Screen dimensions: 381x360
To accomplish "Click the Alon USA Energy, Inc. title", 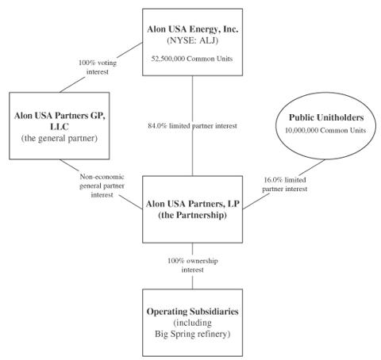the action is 192,29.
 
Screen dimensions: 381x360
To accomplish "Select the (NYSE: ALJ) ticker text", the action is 192,40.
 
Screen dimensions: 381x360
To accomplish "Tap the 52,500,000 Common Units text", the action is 192,59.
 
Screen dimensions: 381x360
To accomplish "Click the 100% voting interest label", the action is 98,67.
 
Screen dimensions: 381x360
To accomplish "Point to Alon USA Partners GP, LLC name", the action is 60,121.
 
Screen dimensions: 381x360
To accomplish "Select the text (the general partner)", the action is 60,138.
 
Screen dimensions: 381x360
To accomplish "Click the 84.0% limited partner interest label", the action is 192,126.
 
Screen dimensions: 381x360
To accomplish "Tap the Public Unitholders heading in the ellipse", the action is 326,117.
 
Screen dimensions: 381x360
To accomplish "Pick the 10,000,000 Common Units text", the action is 325,130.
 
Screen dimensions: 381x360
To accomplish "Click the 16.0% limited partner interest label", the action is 285,185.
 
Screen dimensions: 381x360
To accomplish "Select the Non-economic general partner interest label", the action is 102,186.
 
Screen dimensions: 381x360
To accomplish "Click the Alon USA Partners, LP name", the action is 192,204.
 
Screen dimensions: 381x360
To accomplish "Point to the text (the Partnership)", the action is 192,215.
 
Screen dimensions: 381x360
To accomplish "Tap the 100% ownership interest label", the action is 193,266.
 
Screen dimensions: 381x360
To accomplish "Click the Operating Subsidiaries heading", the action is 192,312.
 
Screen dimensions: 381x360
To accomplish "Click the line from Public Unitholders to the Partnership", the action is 283,184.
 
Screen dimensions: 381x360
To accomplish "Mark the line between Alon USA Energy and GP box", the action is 101,67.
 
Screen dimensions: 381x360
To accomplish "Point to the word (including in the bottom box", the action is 192,323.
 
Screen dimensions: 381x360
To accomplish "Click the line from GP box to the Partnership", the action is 101,184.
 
